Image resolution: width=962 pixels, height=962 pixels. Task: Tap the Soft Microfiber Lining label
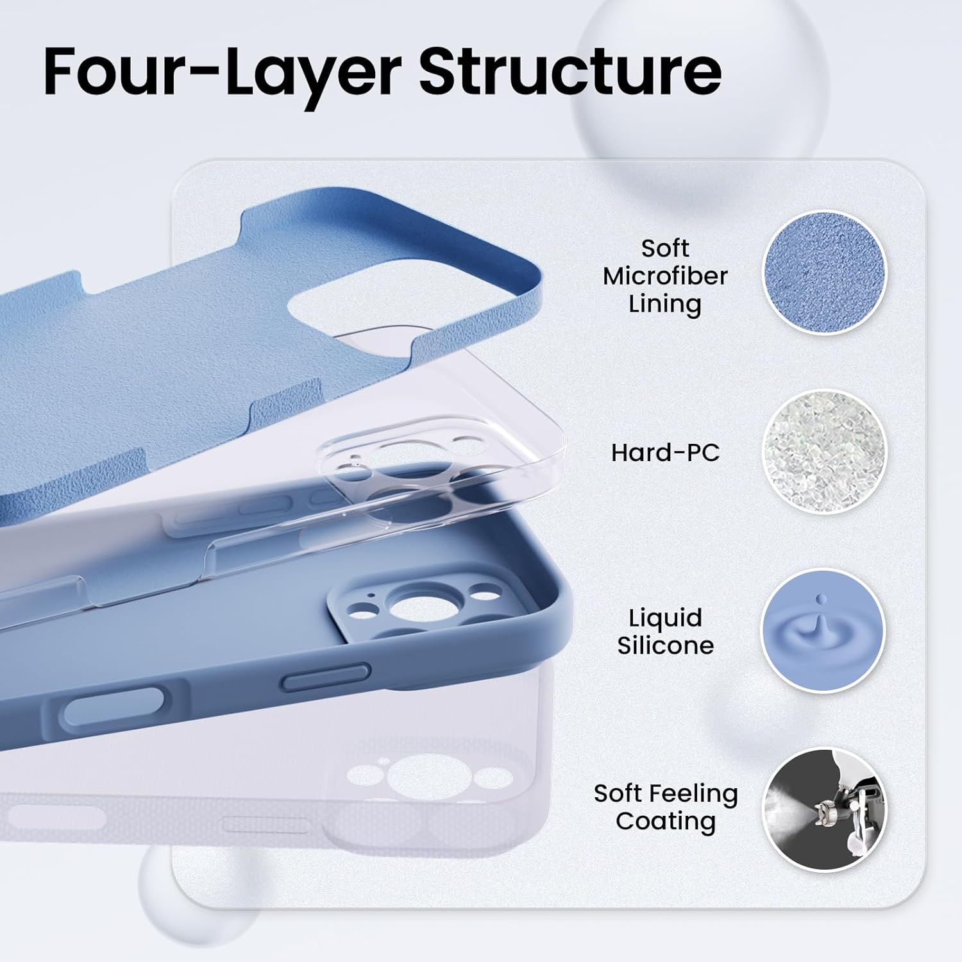pos(665,276)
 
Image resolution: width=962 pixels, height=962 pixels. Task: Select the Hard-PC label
pos(665,453)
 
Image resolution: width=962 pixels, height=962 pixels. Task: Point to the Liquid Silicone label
pos(665,631)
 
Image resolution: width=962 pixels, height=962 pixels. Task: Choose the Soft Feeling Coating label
pos(665,807)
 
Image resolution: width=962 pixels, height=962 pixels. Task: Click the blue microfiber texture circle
pos(824,272)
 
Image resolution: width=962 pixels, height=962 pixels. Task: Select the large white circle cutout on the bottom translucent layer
pos(414,773)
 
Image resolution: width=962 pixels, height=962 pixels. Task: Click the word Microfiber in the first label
pos(665,276)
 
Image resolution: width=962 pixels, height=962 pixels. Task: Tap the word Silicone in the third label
pos(665,645)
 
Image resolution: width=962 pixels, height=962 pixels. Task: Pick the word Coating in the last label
pos(665,821)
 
